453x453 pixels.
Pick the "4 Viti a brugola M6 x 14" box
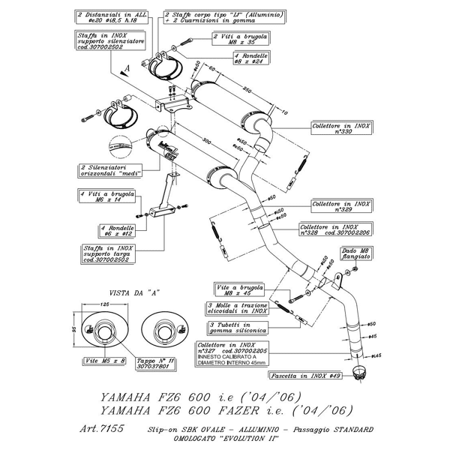coord(105,196)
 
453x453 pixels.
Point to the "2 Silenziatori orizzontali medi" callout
coord(104,171)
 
